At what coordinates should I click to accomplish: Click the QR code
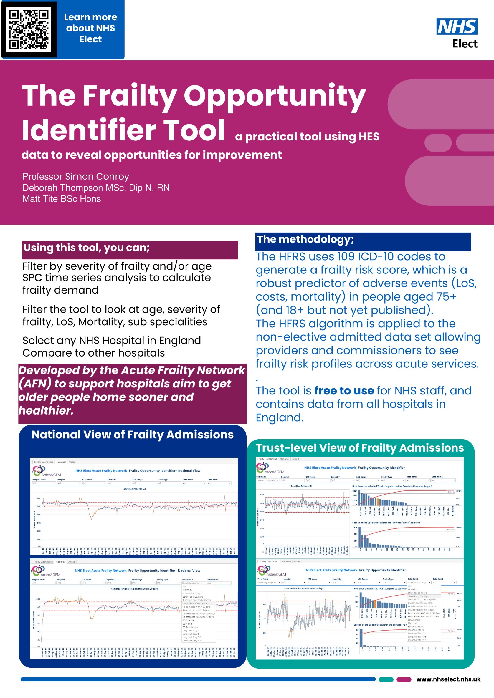pyautogui.click(x=29, y=29)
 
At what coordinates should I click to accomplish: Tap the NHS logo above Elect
pyautogui.click(x=457, y=26)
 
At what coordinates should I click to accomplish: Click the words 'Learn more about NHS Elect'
pyautogui.click(x=90, y=28)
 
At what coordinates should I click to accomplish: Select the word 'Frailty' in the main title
pyautogui.click(x=130, y=96)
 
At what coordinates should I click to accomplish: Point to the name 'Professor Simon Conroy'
pyautogui.click(x=76, y=176)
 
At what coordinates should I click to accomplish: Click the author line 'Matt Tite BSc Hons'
pyautogui.click(x=62, y=199)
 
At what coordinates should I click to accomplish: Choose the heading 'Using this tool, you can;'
pyautogui.click(x=87, y=248)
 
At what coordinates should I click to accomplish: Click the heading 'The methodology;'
pyautogui.click(x=305, y=240)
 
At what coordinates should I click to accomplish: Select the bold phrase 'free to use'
pyautogui.click(x=344, y=391)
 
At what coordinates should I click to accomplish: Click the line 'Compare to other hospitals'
pyautogui.click(x=93, y=353)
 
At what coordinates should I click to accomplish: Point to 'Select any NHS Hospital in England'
pyautogui.click(x=112, y=341)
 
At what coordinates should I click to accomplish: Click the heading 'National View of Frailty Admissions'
pyautogui.click(x=133, y=435)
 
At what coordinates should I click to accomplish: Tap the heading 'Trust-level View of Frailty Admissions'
pyautogui.click(x=360, y=448)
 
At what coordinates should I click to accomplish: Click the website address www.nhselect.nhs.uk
pyautogui.click(x=448, y=679)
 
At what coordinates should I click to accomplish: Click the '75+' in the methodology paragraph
pyautogui.click(x=446, y=297)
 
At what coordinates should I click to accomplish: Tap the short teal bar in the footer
pyautogui.click(x=386, y=679)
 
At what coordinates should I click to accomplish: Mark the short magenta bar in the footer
pyautogui.click(x=404, y=679)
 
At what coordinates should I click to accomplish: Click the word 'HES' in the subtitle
pyautogui.click(x=369, y=137)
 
